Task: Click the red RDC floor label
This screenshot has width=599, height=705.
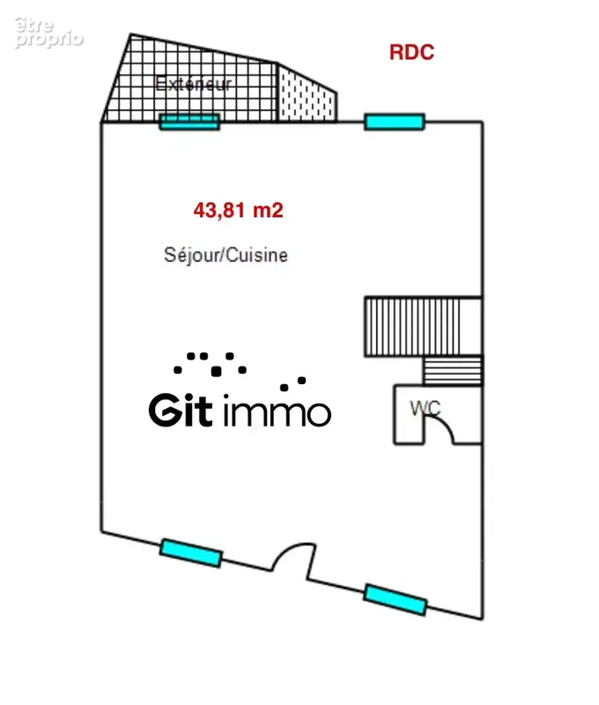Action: pos(411,52)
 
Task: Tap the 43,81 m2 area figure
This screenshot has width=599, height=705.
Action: pos(238,210)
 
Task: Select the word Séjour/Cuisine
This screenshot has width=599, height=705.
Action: pos(226,256)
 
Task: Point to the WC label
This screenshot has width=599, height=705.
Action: pos(425,408)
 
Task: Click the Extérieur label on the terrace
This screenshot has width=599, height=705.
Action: pos(193,84)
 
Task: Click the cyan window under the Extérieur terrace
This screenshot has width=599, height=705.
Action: pos(189,122)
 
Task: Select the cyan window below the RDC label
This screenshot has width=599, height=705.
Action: pos(394,122)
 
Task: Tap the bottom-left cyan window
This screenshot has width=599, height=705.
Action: pos(191,553)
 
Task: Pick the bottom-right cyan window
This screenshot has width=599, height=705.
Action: pos(396,599)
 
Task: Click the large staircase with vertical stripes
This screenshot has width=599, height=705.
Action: pos(423,326)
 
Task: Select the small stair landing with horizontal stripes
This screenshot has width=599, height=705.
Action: pos(453,371)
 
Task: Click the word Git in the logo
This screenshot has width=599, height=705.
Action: pos(181,410)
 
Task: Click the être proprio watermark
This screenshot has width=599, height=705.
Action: pos(48,32)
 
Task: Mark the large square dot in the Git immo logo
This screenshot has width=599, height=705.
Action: pos(216,371)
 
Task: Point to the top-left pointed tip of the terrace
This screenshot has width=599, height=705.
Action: pos(130,34)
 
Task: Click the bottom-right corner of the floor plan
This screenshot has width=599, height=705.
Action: pos(483,620)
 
